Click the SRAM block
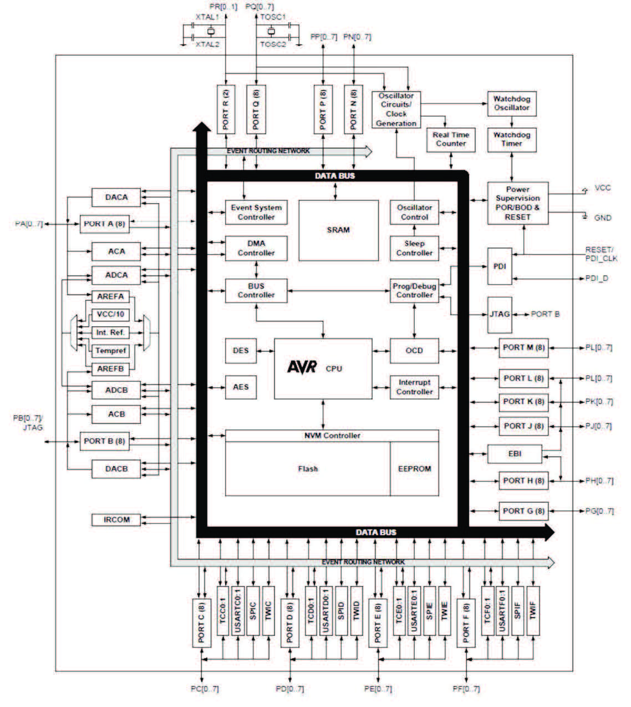[338, 230]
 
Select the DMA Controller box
[256, 248]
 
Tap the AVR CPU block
[323, 368]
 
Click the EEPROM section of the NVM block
[414, 468]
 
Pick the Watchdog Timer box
[512, 139]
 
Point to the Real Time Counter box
[451, 139]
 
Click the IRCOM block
[116, 520]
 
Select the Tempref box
[111, 351]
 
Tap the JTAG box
[500, 314]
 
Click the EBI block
[515, 453]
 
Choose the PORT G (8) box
[523, 511]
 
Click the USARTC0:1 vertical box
[238, 610]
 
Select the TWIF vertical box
[533, 610]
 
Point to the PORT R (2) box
[226, 108]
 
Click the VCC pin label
[603, 188]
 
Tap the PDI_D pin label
[597, 278]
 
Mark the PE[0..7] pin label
[378, 689]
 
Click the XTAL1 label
[207, 17]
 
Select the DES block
[241, 351]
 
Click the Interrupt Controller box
[414, 387]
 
